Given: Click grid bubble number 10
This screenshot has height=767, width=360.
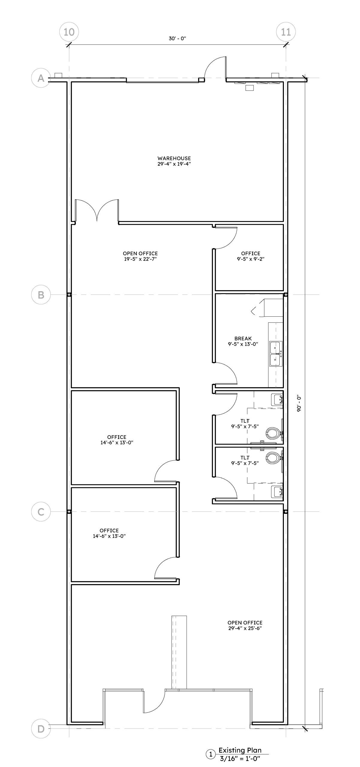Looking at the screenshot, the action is point(69,32).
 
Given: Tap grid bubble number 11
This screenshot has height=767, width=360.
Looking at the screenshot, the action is point(286,32).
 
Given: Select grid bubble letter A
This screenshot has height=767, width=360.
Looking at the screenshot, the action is point(41,78).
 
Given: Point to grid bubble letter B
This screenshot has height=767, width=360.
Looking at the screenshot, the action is point(41,295).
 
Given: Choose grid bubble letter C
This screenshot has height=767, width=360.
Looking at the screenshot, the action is point(41,511).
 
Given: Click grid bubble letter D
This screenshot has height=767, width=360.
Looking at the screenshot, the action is point(41,729).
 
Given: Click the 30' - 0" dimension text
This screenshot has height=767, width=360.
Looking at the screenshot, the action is point(177,39).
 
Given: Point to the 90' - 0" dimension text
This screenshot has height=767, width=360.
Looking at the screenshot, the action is point(299,404).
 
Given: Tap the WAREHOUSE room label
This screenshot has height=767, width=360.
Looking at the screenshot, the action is point(174,158).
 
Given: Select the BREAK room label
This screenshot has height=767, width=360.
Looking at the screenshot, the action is point(243,339).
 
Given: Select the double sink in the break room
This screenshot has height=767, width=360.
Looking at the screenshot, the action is point(276,354).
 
